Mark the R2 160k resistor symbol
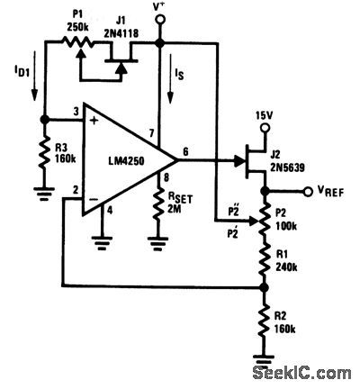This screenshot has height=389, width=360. pos(263,325)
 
